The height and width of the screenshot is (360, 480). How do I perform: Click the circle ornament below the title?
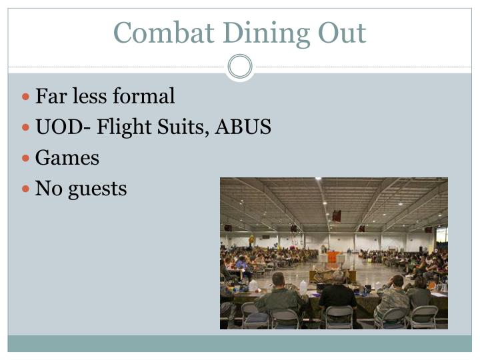[240, 67]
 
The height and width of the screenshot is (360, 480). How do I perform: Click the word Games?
[67, 158]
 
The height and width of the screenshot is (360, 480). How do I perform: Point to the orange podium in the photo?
[332, 257]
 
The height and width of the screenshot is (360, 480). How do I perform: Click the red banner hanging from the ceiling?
[337, 215]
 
